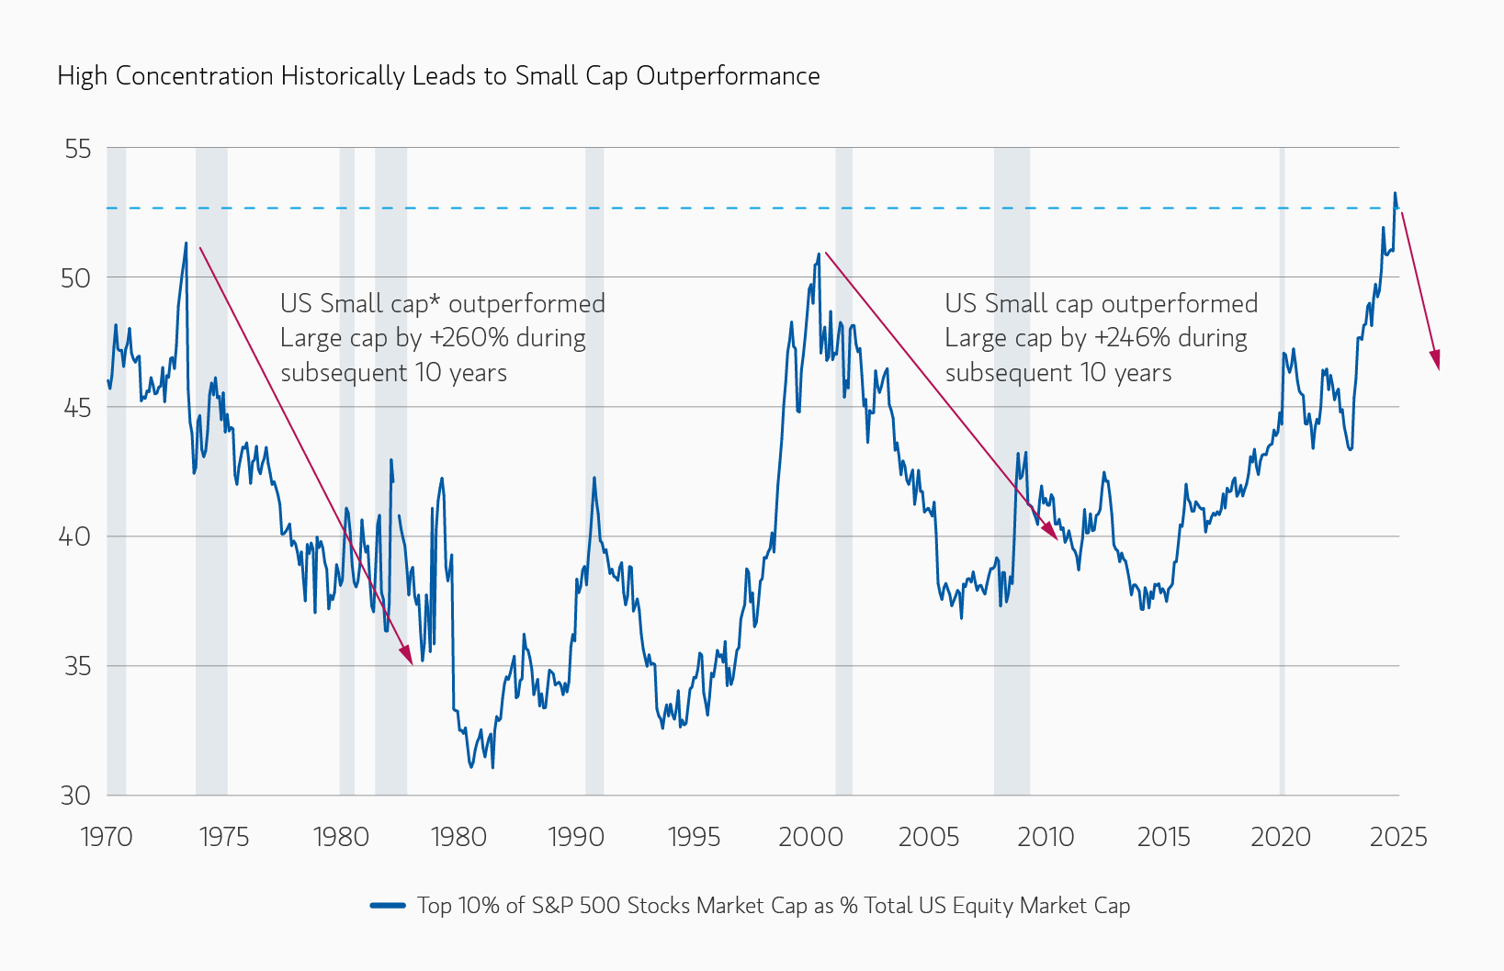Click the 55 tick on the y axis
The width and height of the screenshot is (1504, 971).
(x=78, y=148)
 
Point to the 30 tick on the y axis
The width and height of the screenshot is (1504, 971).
(x=76, y=796)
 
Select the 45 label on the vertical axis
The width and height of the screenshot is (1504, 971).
(x=77, y=407)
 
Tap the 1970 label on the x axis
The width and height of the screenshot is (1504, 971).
(x=107, y=837)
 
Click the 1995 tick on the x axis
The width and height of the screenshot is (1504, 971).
(x=694, y=837)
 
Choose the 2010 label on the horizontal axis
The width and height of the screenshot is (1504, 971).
(x=1046, y=837)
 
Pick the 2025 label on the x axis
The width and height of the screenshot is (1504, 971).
(x=1397, y=837)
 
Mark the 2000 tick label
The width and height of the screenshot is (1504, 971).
(x=810, y=837)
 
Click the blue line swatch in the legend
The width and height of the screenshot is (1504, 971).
(x=388, y=906)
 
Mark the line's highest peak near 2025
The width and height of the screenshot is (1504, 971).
(x=1395, y=193)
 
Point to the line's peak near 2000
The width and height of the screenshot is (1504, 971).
(x=818, y=254)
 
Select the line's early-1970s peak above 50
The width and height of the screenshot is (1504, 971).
(x=187, y=243)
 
